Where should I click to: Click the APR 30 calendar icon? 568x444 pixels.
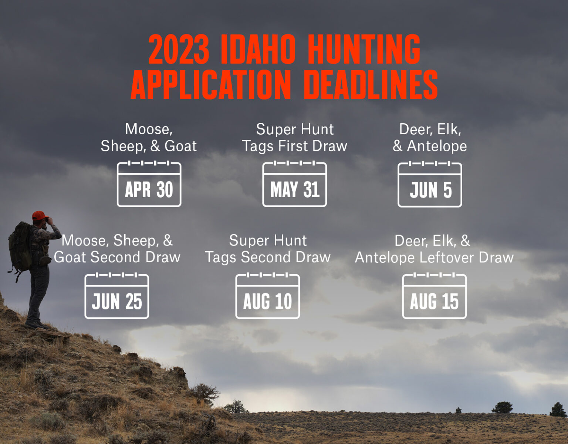point(149,184)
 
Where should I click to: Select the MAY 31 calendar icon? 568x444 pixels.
point(294,184)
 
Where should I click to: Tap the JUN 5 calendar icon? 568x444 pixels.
point(430,185)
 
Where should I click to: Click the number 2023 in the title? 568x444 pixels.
point(179,49)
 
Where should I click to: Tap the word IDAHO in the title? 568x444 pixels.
point(258,49)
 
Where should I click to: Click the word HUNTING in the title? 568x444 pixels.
point(364,49)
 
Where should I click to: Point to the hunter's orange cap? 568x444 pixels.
point(39,215)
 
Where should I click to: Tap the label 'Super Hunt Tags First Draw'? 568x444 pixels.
point(295,138)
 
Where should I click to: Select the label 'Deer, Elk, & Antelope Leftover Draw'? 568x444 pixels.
point(434,249)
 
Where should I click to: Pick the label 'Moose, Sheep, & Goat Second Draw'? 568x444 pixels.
point(117,249)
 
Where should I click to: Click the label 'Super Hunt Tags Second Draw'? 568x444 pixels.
point(268,249)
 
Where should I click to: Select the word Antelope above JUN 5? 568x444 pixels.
point(437,146)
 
